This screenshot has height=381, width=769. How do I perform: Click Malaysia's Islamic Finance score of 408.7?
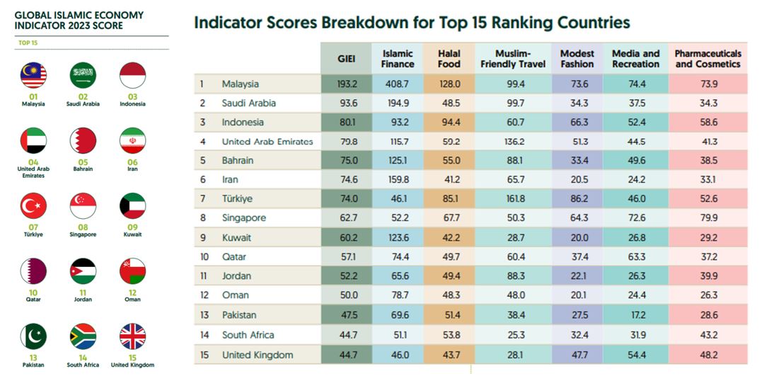(x=398, y=84)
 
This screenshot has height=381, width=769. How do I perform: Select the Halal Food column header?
(x=449, y=59)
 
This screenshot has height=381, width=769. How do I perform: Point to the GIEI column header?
(x=346, y=59)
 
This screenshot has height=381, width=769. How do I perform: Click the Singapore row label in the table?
(x=243, y=218)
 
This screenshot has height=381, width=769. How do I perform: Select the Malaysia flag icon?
(x=33, y=75)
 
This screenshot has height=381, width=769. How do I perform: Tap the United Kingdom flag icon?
(x=132, y=336)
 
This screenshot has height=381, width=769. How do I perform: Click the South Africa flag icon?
(x=83, y=336)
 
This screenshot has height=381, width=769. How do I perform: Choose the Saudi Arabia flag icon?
(x=83, y=75)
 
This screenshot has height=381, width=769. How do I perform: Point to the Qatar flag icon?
(x=33, y=271)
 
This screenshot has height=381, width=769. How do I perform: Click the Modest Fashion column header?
(x=577, y=59)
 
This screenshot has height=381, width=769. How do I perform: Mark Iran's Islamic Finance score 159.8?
(x=398, y=180)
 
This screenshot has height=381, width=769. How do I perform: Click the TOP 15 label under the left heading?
(x=28, y=43)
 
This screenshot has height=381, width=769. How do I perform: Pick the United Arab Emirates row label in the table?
(x=267, y=142)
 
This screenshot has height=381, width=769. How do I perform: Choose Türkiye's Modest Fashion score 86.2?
(x=577, y=199)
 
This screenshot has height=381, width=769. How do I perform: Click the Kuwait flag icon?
(x=132, y=205)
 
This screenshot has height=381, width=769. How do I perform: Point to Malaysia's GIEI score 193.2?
(x=346, y=84)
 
